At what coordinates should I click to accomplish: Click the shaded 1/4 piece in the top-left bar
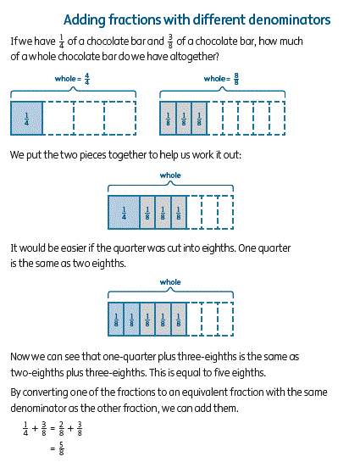pos(26,119)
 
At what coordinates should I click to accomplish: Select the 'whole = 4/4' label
pos(72,79)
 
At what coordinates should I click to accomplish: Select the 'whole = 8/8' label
pos(221,79)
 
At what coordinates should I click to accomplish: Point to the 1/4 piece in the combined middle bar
pos(124,213)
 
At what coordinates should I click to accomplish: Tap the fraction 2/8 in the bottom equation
pos(62,429)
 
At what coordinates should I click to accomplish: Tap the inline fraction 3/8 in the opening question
pos(170,42)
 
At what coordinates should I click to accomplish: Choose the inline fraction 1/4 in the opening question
pos(62,42)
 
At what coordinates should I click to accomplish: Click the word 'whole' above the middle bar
pos(170,175)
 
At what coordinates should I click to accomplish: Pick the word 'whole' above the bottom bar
pos(170,282)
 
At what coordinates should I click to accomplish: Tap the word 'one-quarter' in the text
pos(129,357)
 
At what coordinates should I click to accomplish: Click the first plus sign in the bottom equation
pos(35,428)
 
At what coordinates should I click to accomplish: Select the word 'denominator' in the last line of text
pos(38,408)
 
